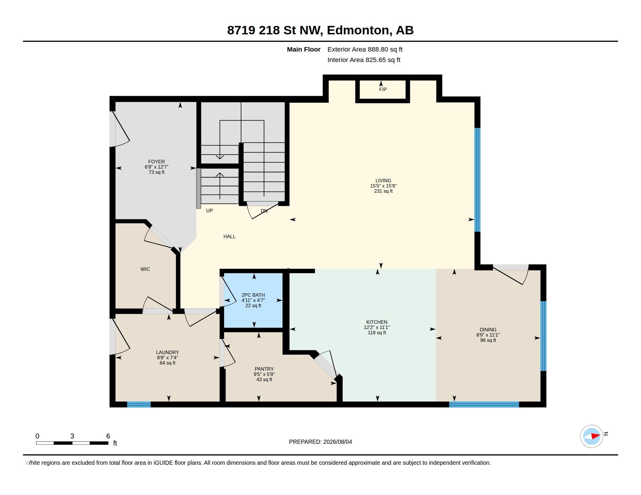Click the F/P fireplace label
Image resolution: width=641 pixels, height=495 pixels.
(383, 89)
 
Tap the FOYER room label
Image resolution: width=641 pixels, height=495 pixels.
(156, 162)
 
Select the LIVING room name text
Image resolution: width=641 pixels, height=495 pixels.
(383, 181)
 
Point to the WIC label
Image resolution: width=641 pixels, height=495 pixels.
(145, 269)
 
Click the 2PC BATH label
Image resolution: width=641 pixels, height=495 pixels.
(253, 295)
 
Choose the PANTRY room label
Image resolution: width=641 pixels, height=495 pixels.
(264, 369)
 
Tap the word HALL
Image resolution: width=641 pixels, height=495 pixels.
(230, 236)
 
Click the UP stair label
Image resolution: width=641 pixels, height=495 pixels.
(209, 211)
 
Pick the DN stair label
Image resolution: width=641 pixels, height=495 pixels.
(264, 211)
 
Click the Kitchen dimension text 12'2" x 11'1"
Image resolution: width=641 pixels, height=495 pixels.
(377, 327)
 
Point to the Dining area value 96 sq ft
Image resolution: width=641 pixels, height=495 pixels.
(488, 340)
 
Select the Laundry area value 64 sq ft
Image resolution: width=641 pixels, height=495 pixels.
(168, 363)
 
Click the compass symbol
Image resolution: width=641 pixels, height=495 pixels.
(592, 436)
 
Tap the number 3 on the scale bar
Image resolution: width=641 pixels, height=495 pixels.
(72, 436)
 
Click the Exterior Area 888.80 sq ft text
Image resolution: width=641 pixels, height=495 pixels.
(365, 49)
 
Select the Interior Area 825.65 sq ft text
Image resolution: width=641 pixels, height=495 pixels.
(364, 60)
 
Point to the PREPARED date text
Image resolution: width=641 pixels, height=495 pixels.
(320, 442)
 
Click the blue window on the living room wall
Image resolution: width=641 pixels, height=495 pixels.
(478, 180)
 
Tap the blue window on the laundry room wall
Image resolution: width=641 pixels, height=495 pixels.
(139, 404)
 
